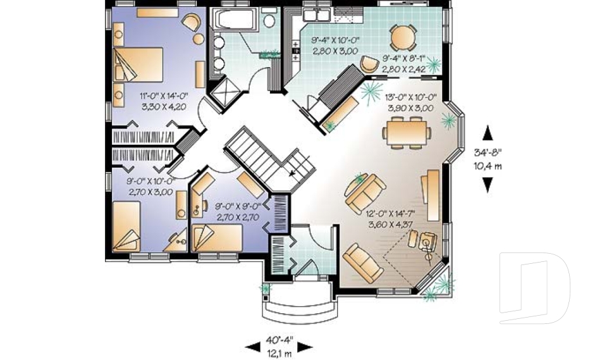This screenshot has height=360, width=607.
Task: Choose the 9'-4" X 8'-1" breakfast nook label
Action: (x=406, y=63)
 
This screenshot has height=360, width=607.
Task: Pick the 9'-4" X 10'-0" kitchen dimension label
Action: (x=334, y=46)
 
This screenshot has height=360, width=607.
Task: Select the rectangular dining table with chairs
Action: (x=406, y=132)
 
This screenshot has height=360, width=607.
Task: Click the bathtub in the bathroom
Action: (x=233, y=20)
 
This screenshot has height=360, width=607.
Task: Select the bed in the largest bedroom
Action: (x=139, y=65)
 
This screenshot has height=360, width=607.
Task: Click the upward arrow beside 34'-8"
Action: (x=487, y=133)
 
